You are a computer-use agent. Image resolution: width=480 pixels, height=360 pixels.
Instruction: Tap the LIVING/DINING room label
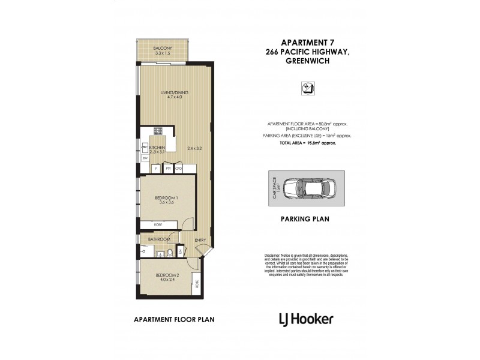coord(174,92)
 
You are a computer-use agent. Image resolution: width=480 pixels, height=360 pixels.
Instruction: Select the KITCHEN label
coord(157,147)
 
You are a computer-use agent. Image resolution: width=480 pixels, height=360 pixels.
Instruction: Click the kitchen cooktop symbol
coord(158,131)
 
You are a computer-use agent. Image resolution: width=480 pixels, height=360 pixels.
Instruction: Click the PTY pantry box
coord(167,169)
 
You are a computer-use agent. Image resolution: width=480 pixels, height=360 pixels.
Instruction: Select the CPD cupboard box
coord(178,169)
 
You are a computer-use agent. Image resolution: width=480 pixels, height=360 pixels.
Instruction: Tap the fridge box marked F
coord(156,169)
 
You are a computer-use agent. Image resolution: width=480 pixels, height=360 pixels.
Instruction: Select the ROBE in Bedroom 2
coord(196,283)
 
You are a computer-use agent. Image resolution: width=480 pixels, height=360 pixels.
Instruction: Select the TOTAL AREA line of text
coord(307,143)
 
